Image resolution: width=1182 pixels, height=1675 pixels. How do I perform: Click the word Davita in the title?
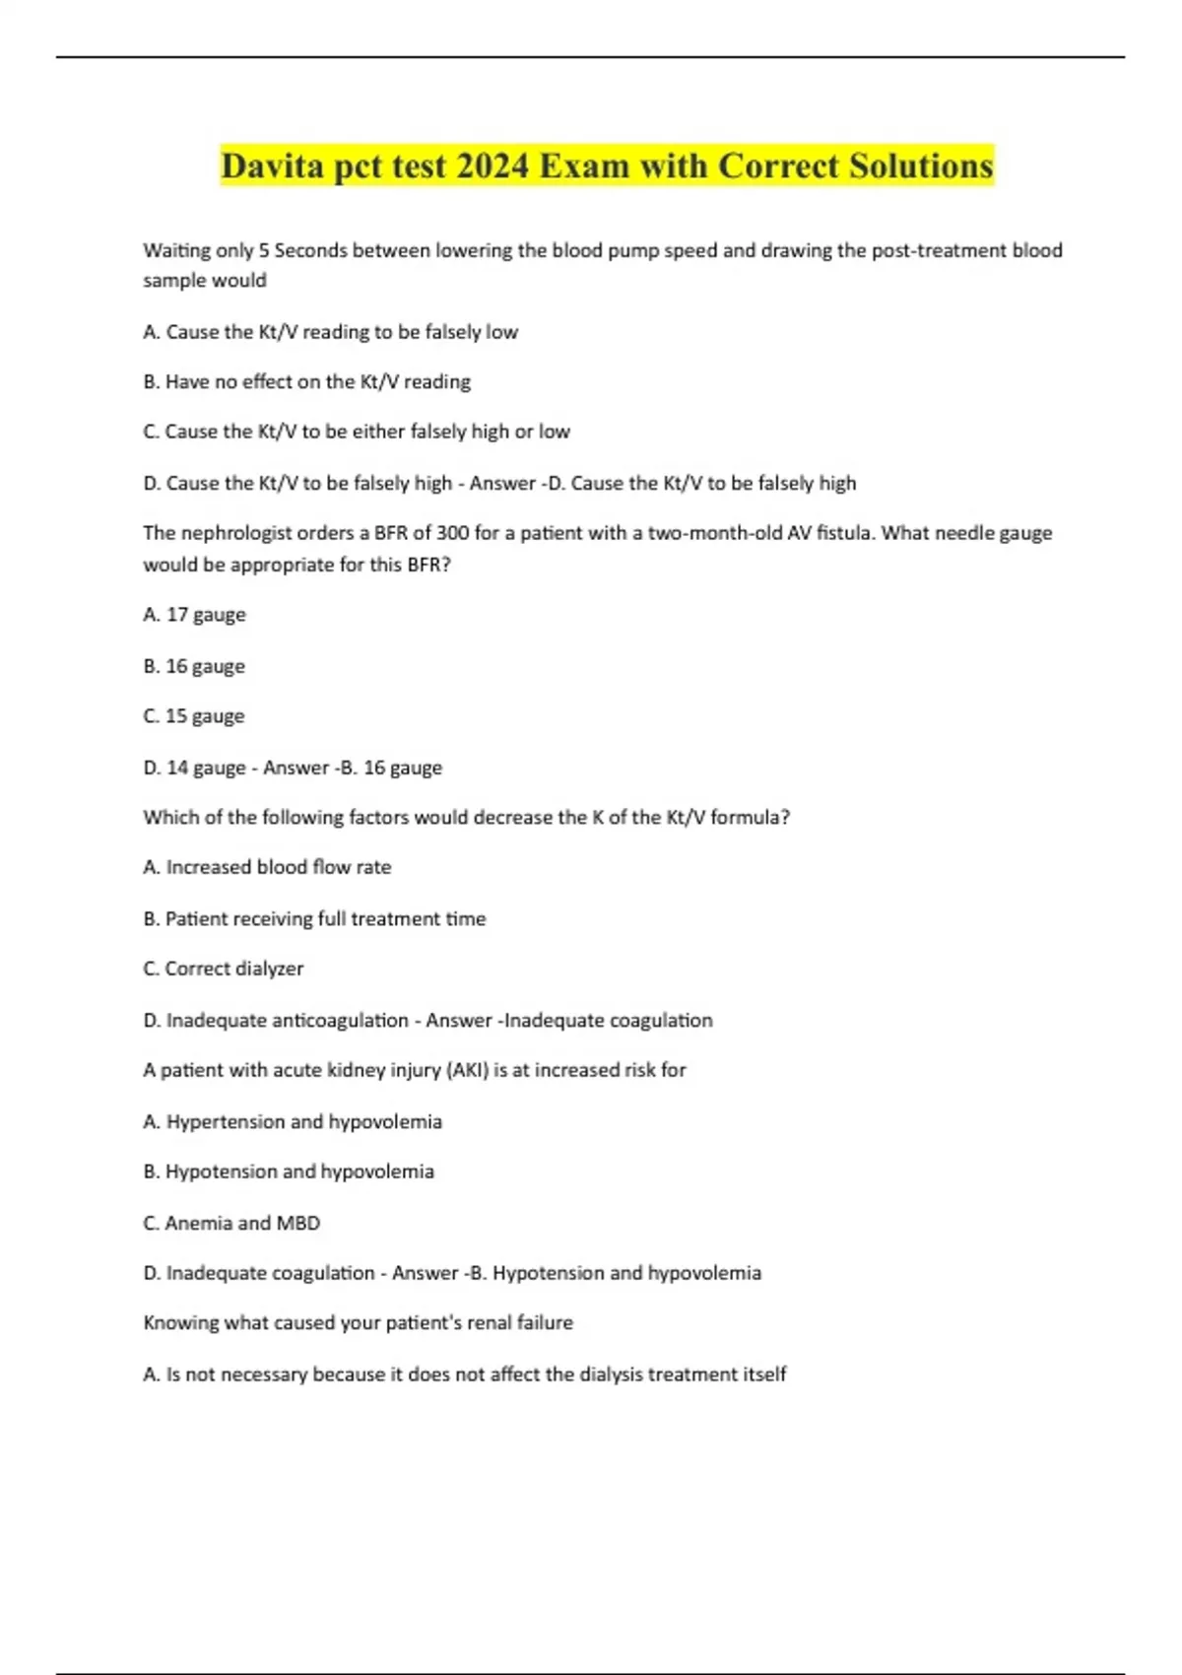(x=273, y=166)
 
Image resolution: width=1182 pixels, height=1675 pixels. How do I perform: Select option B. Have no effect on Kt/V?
(x=306, y=381)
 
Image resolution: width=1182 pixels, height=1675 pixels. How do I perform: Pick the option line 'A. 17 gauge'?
(x=194, y=615)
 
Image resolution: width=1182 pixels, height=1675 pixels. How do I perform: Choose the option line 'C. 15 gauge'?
(x=193, y=716)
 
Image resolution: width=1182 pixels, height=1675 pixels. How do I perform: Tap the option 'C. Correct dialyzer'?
(x=223, y=969)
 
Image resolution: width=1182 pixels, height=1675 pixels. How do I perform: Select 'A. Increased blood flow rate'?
(x=267, y=867)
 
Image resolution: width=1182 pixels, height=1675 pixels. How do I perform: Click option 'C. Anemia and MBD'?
(x=231, y=1223)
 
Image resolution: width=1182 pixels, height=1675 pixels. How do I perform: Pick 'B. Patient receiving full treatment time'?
(x=314, y=918)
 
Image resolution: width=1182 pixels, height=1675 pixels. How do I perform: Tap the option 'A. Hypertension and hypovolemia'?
(x=293, y=1121)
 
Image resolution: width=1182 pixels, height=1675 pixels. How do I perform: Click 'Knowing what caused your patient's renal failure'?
(x=358, y=1322)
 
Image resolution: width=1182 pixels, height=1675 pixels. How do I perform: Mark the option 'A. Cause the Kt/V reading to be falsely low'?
(x=330, y=332)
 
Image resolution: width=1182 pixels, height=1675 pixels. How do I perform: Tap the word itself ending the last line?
(x=761, y=1373)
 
